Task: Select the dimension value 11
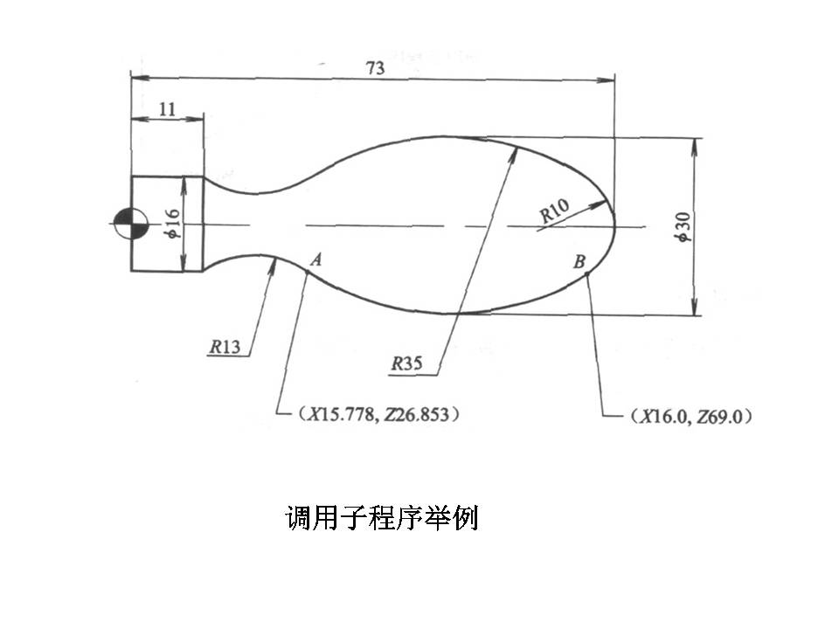[x=168, y=108]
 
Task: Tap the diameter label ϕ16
[x=173, y=224]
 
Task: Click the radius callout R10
[x=554, y=210]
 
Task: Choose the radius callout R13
[x=225, y=347]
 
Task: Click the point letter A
[x=316, y=259]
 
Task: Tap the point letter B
[x=579, y=260]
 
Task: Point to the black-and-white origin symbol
[x=130, y=225]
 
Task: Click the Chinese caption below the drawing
[x=382, y=519]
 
